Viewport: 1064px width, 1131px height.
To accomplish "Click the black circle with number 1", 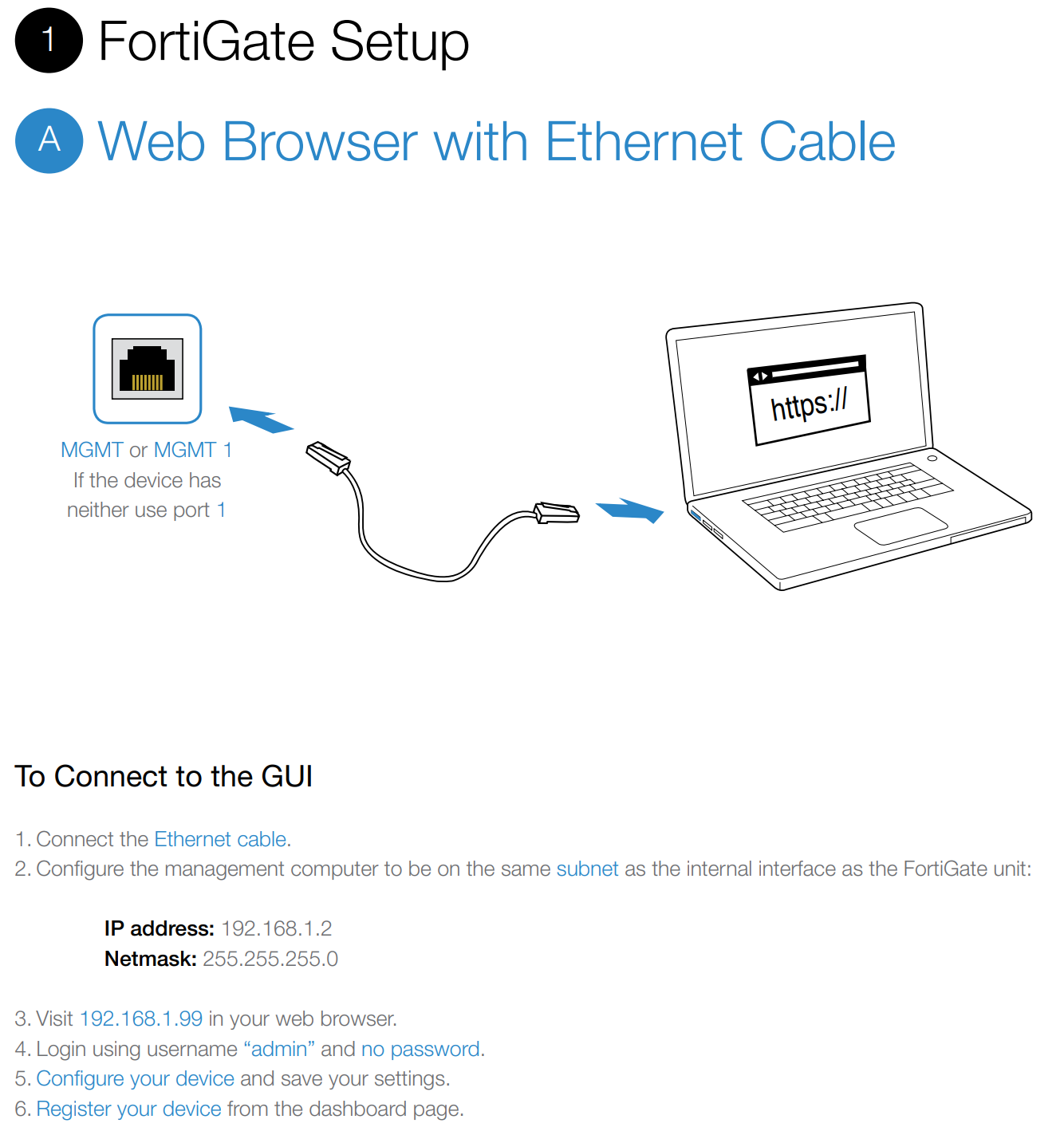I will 49,40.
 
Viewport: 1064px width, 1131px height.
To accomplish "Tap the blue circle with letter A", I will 49,140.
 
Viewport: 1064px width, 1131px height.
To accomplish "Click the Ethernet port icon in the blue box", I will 148,368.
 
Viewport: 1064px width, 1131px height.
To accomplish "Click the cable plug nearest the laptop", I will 557,513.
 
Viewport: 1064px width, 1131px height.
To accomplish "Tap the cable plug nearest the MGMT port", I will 329,458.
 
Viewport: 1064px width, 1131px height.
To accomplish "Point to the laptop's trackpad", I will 900,526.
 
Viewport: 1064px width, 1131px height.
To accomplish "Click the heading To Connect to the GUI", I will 164,776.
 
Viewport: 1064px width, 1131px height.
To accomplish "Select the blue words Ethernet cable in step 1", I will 220,839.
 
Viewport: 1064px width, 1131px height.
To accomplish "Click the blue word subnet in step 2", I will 587,869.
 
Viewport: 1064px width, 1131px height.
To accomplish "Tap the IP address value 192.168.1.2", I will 276,928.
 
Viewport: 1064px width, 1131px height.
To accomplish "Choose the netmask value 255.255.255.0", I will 270,959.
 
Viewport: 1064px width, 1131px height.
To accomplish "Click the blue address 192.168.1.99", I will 141,1019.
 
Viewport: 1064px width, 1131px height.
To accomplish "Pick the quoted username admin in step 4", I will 279,1049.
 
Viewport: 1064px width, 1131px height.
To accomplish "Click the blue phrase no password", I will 420,1049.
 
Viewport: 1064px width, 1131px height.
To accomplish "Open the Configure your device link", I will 136,1078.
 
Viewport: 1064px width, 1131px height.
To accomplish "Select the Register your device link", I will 129,1109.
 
